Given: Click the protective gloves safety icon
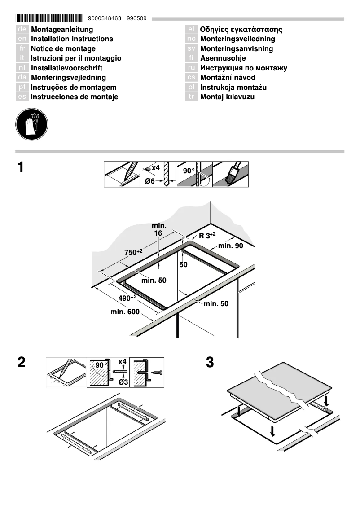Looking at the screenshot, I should click(31, 123).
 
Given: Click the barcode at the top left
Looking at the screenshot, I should click(49, 18).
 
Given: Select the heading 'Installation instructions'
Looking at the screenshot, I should click(72, 39).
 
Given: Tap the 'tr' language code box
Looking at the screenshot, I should click(191, 97).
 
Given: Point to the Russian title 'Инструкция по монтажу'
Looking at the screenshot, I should click(243, 68).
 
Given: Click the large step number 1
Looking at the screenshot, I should click(21, 168).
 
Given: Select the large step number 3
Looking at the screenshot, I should click(210, 363).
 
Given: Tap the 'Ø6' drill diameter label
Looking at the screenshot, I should click(150, 181).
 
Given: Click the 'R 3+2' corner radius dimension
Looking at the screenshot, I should click(207, 235).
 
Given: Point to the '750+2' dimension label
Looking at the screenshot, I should click(133, 252).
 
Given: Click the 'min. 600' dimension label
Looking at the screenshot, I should click(125, 312).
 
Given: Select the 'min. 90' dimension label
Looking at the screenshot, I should click(231, 246).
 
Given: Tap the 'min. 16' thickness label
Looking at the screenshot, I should click(158, 229).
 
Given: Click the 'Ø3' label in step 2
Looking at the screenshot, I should click(123, 382).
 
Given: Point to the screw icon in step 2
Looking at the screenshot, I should click(156, 373).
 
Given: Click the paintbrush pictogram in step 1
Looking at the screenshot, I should click(230, 175).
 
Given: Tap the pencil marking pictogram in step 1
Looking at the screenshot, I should click(122, 175).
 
